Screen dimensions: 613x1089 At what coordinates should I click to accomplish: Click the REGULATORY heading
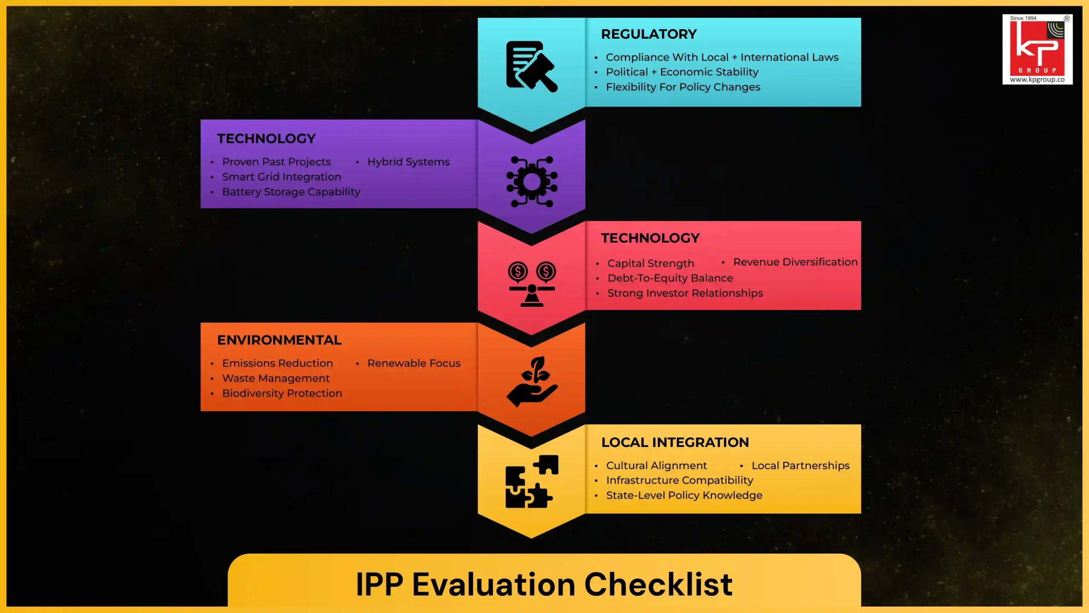pyautogui.click(x=649, y=34)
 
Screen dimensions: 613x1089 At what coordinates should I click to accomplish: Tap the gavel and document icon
pyautogui.click(x=531, y=66)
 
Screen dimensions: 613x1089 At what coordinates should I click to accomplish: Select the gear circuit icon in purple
pyautogui.click(x=532, y=182)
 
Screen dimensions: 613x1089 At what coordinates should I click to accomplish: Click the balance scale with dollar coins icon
pyautogui.click(x=532, y=284)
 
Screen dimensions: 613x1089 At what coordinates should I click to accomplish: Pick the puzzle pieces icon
pyautogui.click(x=532, y=481)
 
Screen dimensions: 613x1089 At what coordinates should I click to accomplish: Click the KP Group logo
pyautogui.click(x=1037, y=48)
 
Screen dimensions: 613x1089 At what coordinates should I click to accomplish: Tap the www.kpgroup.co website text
pyautogui.click(x=1037, y=80)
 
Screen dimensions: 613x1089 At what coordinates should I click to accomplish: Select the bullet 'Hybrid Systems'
pyautogui.click(x=408, y=162)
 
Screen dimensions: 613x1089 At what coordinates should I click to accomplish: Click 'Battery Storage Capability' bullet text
pyautogui.click(x=291, y=192)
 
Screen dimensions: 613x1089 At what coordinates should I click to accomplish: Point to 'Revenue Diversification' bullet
pyautogui.click(x=795, y=262)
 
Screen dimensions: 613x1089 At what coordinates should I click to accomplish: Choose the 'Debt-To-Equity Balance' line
pyautogui.click(x=670, y=278)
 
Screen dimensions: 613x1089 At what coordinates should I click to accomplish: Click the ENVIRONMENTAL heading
pyautogui.click(x=279, y=340)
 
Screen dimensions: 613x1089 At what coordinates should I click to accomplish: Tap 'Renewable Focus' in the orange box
pyautogui.click(x=414, y=363)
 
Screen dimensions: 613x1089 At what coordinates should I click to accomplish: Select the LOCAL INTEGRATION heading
pyautogui.click(x=675, y=442)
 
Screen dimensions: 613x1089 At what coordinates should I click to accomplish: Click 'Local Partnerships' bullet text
pyautogui.click(x=800, y=466)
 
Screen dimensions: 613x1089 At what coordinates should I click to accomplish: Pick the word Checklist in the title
pyautogui.click(x=658, y=584)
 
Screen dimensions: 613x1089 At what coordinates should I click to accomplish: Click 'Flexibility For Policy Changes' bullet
pyautogui.click(x=683, y=87)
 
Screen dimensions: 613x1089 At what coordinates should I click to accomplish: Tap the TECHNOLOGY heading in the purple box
pyautogui.click(x=266, y=139)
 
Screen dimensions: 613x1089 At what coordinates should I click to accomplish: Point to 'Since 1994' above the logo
pyautogui.click(x=1023, y=18)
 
